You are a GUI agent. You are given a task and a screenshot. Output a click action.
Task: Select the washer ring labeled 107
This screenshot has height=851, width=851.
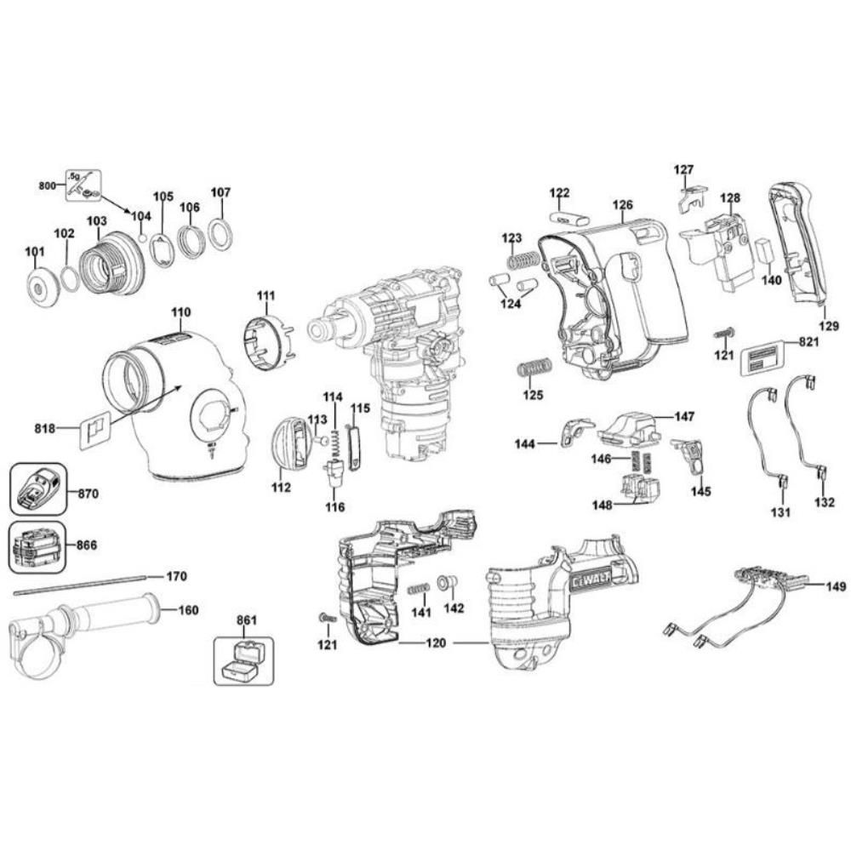coord(220,234)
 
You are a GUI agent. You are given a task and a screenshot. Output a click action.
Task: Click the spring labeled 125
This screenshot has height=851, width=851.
coord(534,368)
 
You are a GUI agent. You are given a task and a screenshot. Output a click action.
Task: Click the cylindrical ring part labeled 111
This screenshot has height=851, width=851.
coord(266,342)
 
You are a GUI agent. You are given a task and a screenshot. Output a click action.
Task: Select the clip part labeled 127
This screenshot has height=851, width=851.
coord(693,199)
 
